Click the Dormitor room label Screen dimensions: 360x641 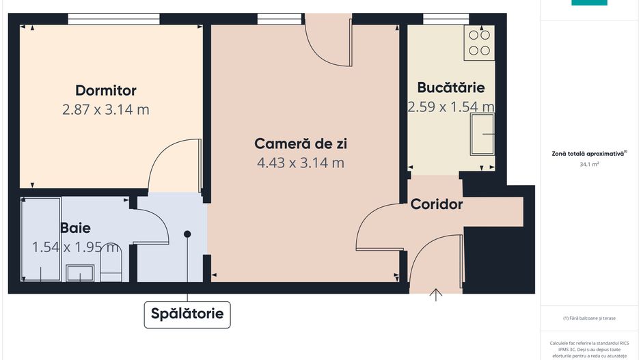(x=106, y=90)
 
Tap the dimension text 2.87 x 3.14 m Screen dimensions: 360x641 (x=106, y=109)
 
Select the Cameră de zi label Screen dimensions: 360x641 (x=300, y=143)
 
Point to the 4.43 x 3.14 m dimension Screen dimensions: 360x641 (x=300, y=163)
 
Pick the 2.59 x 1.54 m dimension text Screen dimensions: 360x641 (x=451, y=107)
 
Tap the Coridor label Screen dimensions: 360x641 (x=437, y=204)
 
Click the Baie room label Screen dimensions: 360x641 (x=75, y=228)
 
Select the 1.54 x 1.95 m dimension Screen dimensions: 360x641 (x=76, y=247)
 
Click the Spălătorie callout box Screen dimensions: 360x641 (x=187, y=314)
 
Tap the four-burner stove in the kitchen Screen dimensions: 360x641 (x=480, y=42)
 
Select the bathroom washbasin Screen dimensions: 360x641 (x=81, y=273)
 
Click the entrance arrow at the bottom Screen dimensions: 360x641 (x=436, y=294)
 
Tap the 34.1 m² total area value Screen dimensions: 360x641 (x=589, y=164)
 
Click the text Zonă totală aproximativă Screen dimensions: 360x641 (x=588, y=154)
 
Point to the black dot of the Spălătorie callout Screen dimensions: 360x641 (x=187, y=234)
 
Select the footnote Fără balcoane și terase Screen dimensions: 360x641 (x=589, y=318)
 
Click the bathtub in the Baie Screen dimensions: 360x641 (x=41, y=239)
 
